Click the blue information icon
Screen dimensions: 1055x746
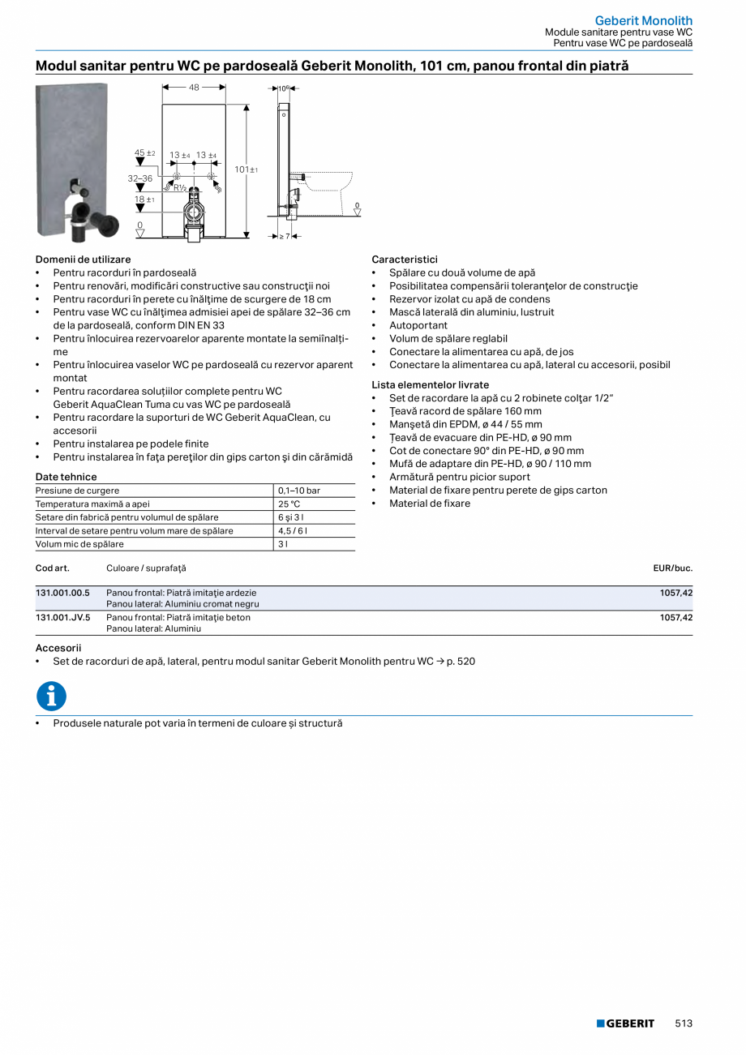point(51,697)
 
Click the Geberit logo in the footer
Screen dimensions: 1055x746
point(625,1023)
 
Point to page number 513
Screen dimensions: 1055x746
point(684,1023)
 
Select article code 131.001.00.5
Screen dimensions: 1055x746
point(62,593)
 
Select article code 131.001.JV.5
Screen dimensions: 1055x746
point(62,617)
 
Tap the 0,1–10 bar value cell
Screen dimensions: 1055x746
point(298,491)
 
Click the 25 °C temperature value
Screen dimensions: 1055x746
point(289,504)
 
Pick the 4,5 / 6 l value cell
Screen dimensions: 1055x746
point(292,530)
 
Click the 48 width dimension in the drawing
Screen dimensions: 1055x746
point(194,88)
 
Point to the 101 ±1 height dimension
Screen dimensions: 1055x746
point(246,169)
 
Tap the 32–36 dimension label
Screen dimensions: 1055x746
point(139,178)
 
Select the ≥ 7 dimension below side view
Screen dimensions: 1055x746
point(284,236)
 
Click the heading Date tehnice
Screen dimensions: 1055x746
point(66,477)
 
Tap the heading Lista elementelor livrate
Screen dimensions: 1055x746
point(430,384)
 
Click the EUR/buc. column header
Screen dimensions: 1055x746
point(672,568)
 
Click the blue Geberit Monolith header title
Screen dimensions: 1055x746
point(643,20)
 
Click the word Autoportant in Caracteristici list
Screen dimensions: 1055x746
point(418,325)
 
